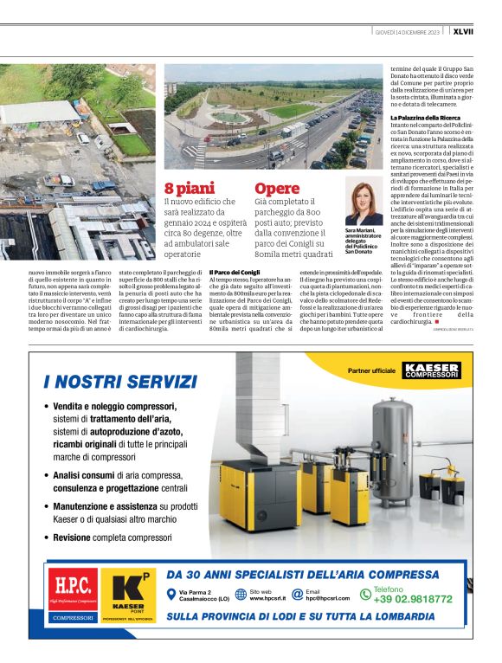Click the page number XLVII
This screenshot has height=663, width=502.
(486, 32)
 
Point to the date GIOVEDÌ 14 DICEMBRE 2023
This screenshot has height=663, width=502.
(407, 32)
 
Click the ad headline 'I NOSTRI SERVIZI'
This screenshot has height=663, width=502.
(120, 382)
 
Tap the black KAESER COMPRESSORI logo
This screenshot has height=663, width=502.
(431, 370)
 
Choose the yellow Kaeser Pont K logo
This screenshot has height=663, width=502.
(127, 595)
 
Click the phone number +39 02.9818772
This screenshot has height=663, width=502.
(412, 598)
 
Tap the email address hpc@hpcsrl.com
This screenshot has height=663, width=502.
(333, 598)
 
